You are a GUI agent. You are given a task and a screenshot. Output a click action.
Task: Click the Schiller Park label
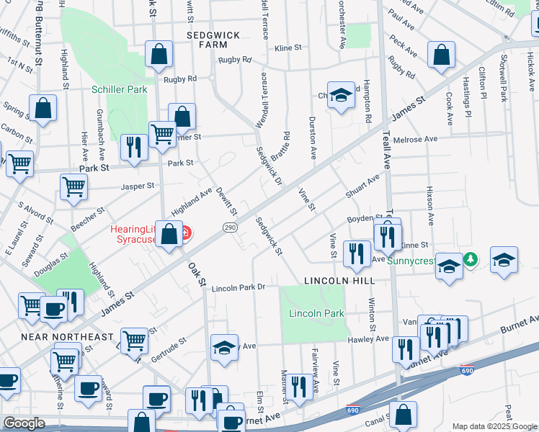119,89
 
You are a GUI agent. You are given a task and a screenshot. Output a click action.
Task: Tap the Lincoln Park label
316,313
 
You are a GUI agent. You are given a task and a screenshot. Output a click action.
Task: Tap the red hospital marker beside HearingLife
186,233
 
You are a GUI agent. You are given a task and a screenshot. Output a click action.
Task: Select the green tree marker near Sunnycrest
471,258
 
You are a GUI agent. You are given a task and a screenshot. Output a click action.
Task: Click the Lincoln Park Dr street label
239,287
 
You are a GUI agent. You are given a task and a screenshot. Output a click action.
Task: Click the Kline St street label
288,48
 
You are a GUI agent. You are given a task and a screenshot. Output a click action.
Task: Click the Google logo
24,423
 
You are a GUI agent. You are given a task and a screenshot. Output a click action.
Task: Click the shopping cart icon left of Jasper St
73,187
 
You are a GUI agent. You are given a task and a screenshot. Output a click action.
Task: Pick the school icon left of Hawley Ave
224,346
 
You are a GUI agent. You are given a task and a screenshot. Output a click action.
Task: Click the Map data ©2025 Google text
494,426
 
